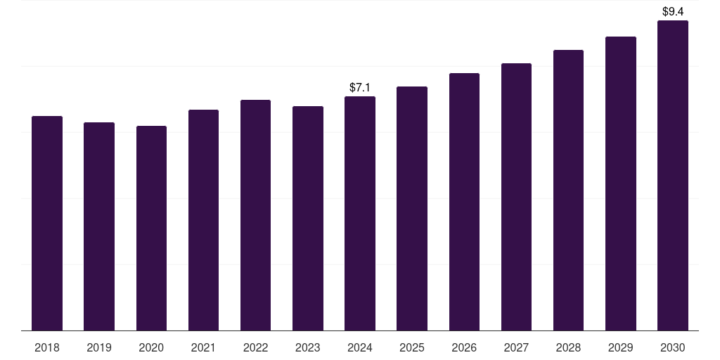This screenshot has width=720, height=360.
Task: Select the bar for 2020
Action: click(x=151, y=229)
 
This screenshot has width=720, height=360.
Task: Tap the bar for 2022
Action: click(x=255, y=215)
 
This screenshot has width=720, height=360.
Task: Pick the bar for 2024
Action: click(x=360, y=214)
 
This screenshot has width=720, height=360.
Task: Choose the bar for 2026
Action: click(x=464, y=202)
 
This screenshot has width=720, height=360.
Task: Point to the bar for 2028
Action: click(x=568, y=191)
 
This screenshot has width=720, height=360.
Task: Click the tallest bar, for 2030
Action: click(x=673, y=176)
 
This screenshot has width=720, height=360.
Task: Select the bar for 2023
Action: click(x=308, y=219)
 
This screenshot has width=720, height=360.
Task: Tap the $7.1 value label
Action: click(x=360, y=88)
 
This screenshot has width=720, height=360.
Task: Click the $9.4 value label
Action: click(x=673, y=12)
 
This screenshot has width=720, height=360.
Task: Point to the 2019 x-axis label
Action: click(x=99, y=347)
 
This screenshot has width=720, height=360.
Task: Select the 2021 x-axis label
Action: click(x=203, y=347)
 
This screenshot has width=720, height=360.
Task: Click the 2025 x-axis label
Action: click(x=412, y=347)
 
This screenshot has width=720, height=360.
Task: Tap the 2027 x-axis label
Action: click(x=516, y=347)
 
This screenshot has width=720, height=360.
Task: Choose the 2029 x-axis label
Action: click(x=620, y=347)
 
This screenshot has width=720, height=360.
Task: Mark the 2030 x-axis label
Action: click(x=673, y=347)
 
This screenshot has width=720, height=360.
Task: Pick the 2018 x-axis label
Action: click(x=47, y=347)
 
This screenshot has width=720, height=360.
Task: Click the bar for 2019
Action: click(x=99, y=226)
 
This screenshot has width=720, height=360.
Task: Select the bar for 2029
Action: click(x=620, y=184)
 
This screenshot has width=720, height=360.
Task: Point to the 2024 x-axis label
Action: click(x=360, y=347)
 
